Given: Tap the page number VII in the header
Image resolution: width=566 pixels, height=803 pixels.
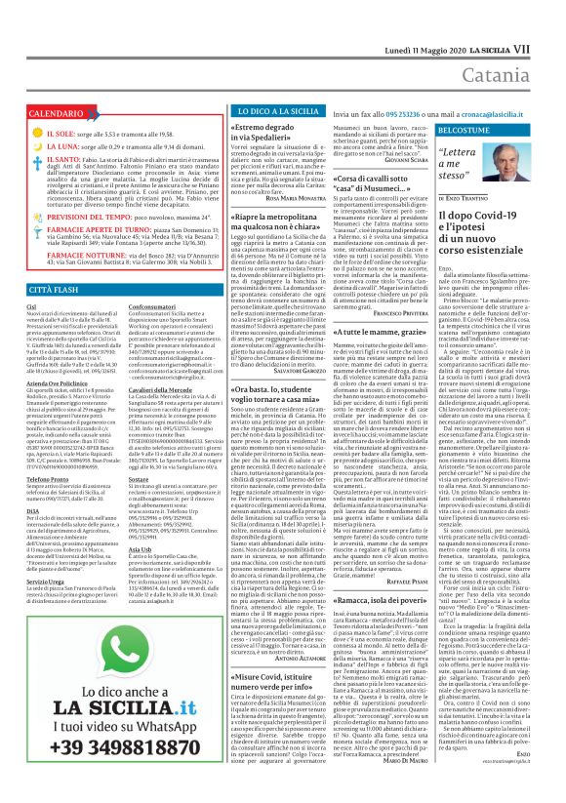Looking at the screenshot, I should [548, 20].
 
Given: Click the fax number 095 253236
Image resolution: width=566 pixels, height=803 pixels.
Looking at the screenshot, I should [402, 114].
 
